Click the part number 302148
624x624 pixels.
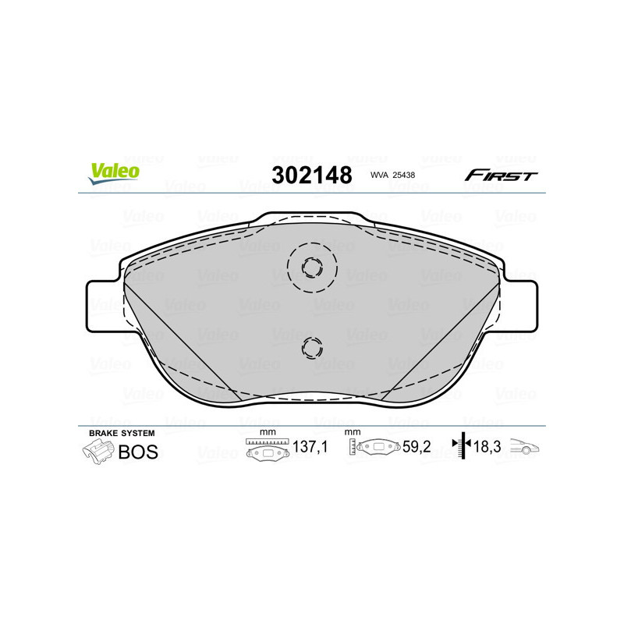coord(311,175)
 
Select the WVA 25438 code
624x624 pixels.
coord(392,176)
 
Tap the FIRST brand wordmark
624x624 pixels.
coord(501,175)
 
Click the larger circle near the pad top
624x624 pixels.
coord(311,267)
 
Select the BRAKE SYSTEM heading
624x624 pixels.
coord(122,432)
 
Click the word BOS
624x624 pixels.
coord(137,452)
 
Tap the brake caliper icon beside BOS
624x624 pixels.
coord(97,452)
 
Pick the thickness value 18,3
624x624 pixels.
coord(488,448)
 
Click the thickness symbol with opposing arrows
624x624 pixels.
coord(463,446)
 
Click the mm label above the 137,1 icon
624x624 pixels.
coord(268,432)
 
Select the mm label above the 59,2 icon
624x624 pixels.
coord(353,432)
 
